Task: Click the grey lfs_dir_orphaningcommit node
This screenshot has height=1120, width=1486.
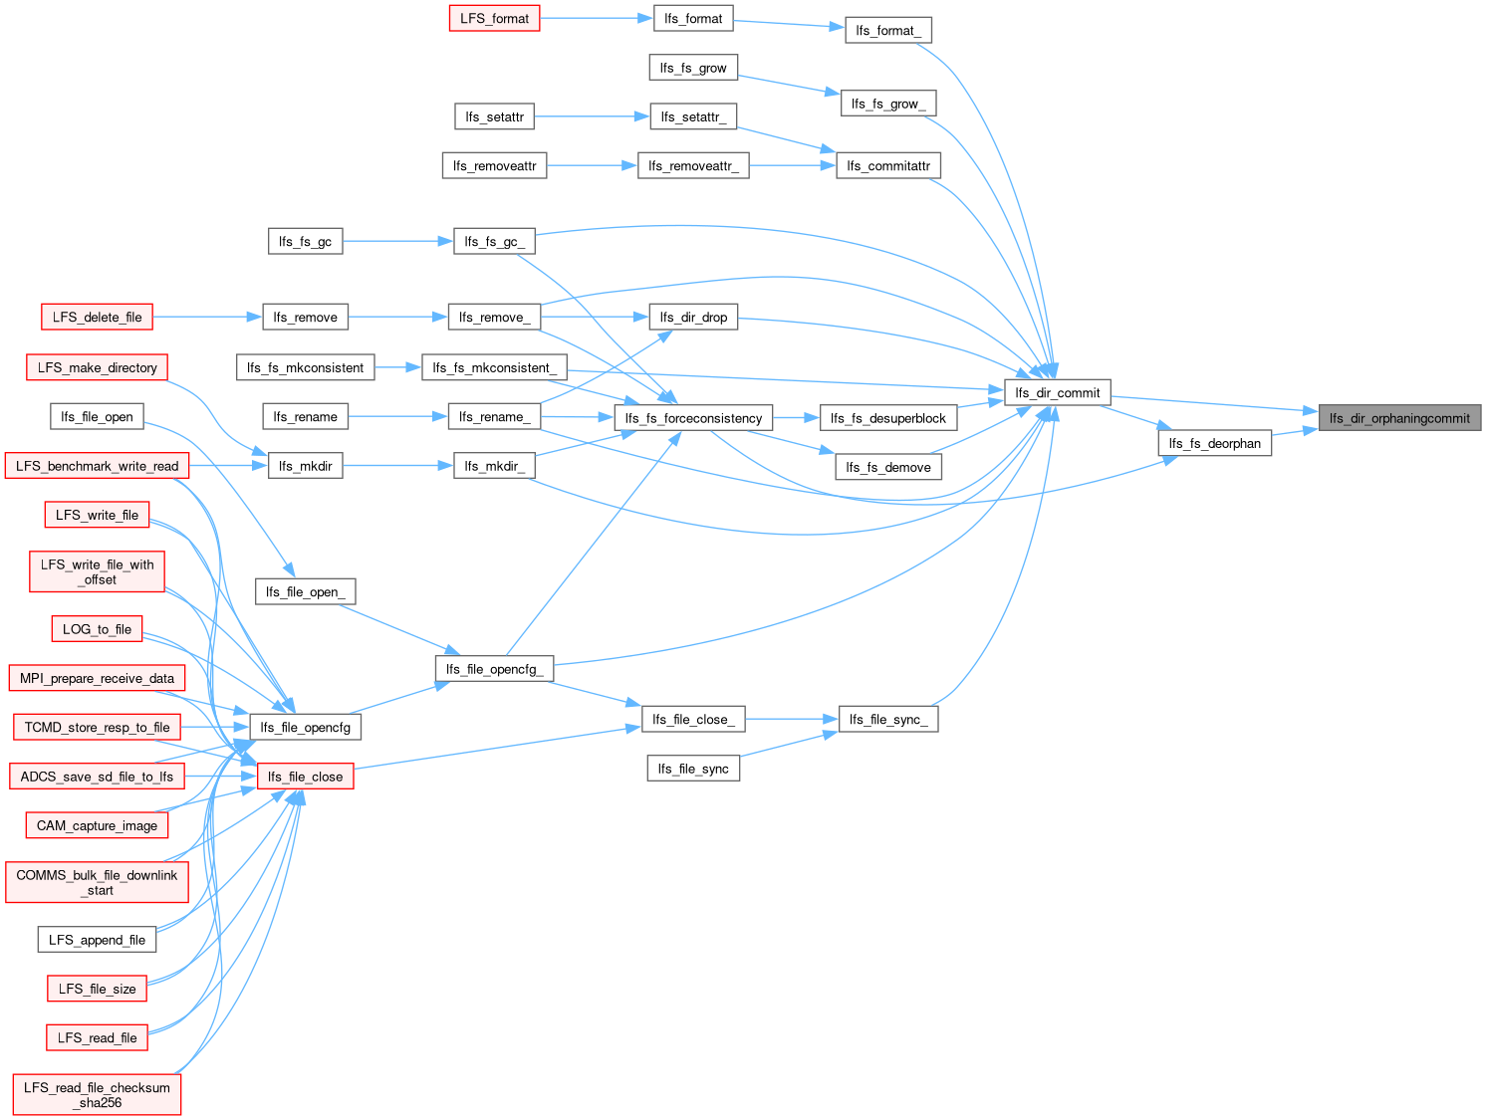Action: pos(1398,418)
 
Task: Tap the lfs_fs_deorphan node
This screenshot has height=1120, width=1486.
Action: pos(1214,443)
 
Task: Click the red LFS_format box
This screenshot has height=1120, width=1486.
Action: pos(494,18)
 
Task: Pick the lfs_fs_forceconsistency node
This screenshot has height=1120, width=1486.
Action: pos(693,418)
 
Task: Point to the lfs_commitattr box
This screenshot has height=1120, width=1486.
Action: pos(887,166)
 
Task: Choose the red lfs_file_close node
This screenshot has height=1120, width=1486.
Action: pos(306,777)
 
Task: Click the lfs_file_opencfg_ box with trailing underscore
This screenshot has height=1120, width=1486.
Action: pos(494,669)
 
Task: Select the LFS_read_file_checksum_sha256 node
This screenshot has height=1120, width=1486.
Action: pos(97,1094)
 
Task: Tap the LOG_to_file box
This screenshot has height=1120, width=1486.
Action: pos(97,628)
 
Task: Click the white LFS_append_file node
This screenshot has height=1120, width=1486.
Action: pos(97,940)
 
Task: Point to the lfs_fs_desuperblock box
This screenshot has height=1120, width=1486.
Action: pos(887,418)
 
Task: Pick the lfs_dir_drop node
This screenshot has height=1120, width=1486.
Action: pos(693,317)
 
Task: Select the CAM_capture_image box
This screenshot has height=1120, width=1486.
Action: pos(97,825)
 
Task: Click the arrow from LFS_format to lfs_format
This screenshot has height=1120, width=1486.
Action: pos(597,18)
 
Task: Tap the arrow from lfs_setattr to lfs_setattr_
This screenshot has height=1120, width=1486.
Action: pos(592,116)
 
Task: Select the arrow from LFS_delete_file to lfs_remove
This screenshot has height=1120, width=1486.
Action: pos(207,317)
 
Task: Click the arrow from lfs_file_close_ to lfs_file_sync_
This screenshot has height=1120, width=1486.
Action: pos(792,719)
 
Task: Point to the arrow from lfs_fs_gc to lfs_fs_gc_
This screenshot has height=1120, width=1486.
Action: pos(398,241)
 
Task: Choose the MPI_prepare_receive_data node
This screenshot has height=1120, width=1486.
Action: pos(97,678)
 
